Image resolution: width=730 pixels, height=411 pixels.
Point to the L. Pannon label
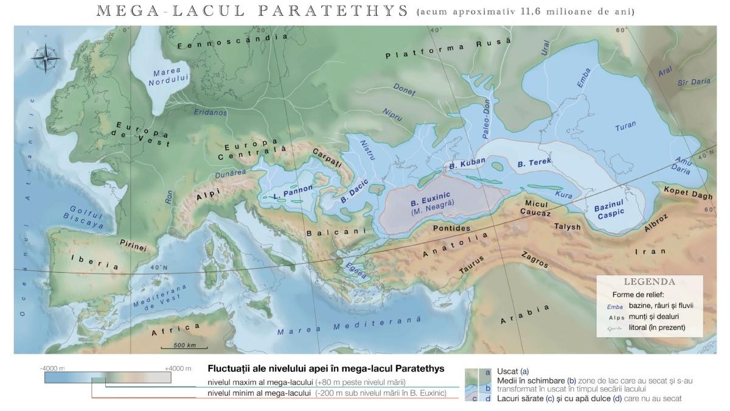pyautogui.click(x=293, y=192)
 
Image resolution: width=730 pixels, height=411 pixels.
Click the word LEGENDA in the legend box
pyautogui.click(x=649, y=283)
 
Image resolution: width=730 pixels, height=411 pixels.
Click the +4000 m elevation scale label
pyautogui.click(x=178, y=368)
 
